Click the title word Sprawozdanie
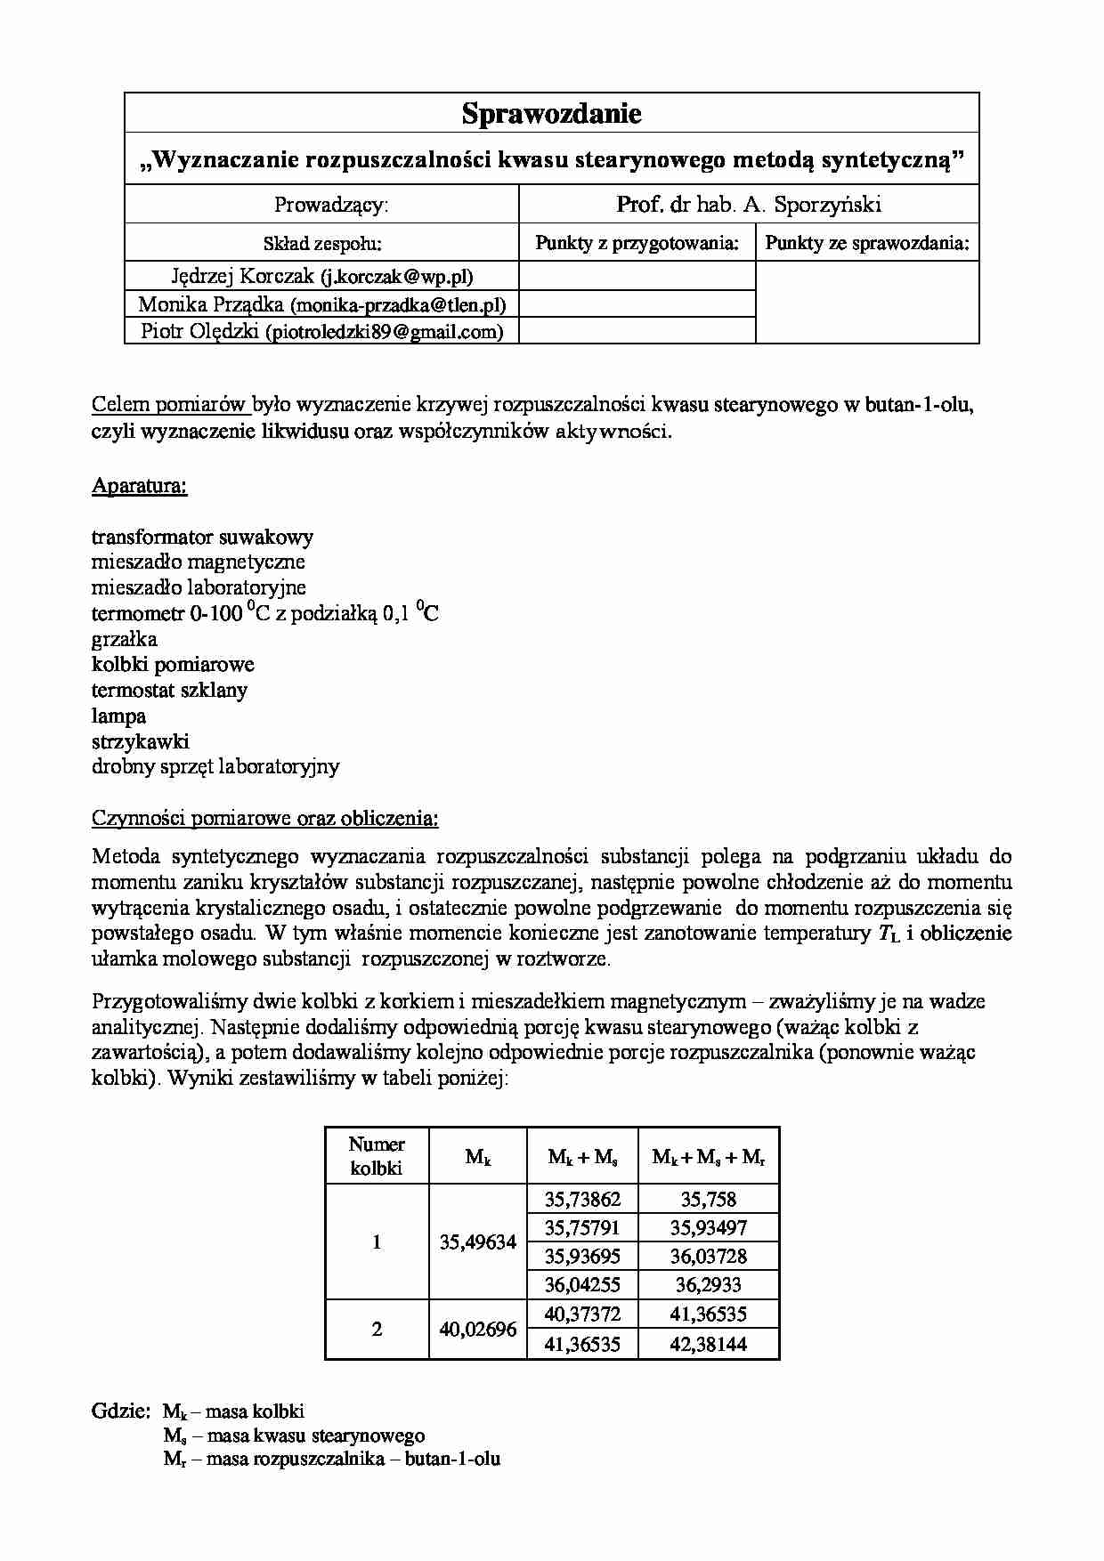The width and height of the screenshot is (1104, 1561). [551, 114]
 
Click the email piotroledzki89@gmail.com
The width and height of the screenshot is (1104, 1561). [384, 332]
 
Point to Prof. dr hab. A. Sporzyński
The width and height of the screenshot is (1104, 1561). [748, 205]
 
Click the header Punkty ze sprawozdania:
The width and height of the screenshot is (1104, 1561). [866, 243]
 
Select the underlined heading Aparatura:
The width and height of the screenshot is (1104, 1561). [140, 486]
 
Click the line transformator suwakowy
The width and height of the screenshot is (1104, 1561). [202, 538]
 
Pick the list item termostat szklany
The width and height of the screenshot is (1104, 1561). [169, 690]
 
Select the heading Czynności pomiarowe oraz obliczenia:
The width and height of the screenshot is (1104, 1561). [264, 818]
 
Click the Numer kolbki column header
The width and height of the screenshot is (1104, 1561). [377, 1156]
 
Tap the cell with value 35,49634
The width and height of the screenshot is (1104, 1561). [478, 1242]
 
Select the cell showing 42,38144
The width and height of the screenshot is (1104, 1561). [708, 1344]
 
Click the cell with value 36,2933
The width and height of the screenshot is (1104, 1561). [708, 1285]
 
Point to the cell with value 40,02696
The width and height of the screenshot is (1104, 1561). [478, 1330]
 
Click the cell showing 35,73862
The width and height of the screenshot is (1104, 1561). [582, 1199]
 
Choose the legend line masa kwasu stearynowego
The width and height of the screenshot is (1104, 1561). [294, 1436]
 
